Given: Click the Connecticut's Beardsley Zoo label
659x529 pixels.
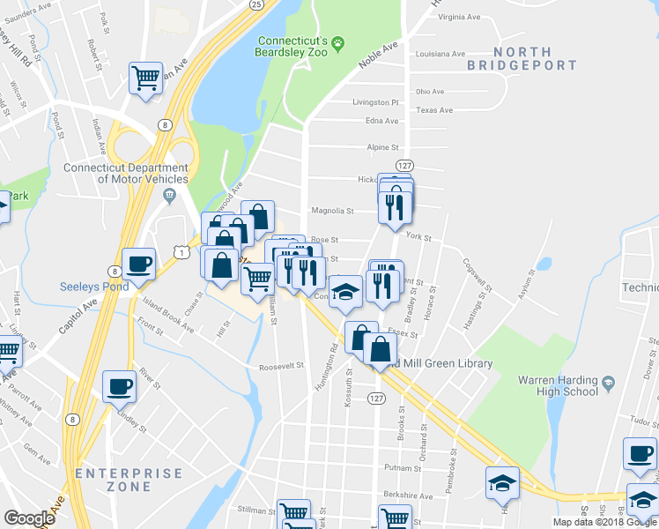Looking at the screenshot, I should point(292,48).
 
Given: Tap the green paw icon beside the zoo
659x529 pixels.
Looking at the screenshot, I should point(338,41).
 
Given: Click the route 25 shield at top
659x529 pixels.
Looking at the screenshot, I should point(255,4).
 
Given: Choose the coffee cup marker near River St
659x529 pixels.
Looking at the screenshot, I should point(120,385).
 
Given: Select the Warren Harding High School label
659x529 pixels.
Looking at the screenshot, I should point(570,386).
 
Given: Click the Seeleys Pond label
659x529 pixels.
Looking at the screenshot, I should point(94,287).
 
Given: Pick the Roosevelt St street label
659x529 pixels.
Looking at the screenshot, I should point(281,366).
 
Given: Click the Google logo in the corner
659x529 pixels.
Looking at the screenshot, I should point(29,518).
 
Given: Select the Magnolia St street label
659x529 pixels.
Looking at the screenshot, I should point(332,212).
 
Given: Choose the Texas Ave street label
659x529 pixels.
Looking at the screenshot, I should point(434,110).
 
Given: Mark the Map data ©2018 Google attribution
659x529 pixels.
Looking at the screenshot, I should point(604,522).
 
